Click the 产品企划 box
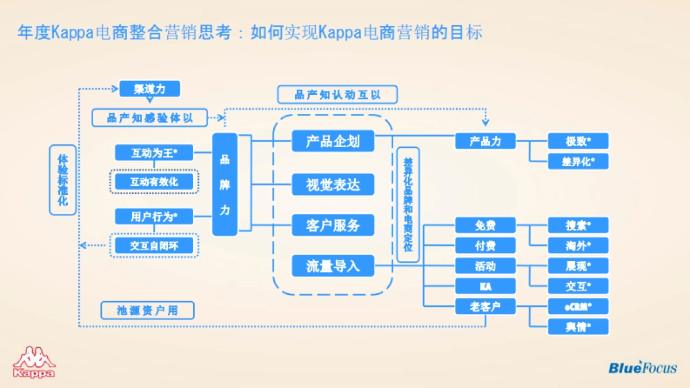(x=333, y=141)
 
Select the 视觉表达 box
(x=333, y=185)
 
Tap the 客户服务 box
(x=333, y=225)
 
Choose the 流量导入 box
(x=333, y=266)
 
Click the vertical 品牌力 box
(x=225, y=185)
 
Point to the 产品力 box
(x=485, y=141)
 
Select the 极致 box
(x=578, y=141)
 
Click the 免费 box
(x=485, y=225)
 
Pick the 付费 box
(x=485, y=245)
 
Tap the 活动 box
(x=485, y=266)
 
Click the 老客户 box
(x=485, y=306)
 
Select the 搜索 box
(x=578, y=225)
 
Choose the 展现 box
(x=578, y=266)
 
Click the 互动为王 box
(x=154, y=153)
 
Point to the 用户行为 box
(x=154, y=216)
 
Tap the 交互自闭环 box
(x=154, y=245)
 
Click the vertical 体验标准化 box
(x=63, y=180)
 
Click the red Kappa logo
(x=34, y=362)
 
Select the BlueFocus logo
(x=642, y=367)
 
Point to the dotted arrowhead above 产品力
(x=485, y=122)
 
